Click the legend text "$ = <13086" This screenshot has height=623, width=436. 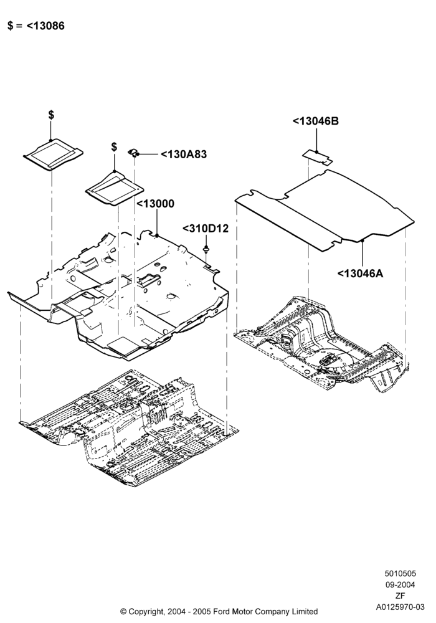36,26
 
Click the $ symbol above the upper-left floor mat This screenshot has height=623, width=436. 51,115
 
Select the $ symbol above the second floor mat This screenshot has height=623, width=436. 115,146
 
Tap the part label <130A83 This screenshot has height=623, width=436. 184,154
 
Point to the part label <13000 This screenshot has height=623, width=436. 155,204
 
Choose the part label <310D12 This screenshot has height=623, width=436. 206,229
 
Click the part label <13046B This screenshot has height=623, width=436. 316,121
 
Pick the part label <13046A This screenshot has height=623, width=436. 361,273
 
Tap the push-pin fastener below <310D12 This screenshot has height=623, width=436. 206,250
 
